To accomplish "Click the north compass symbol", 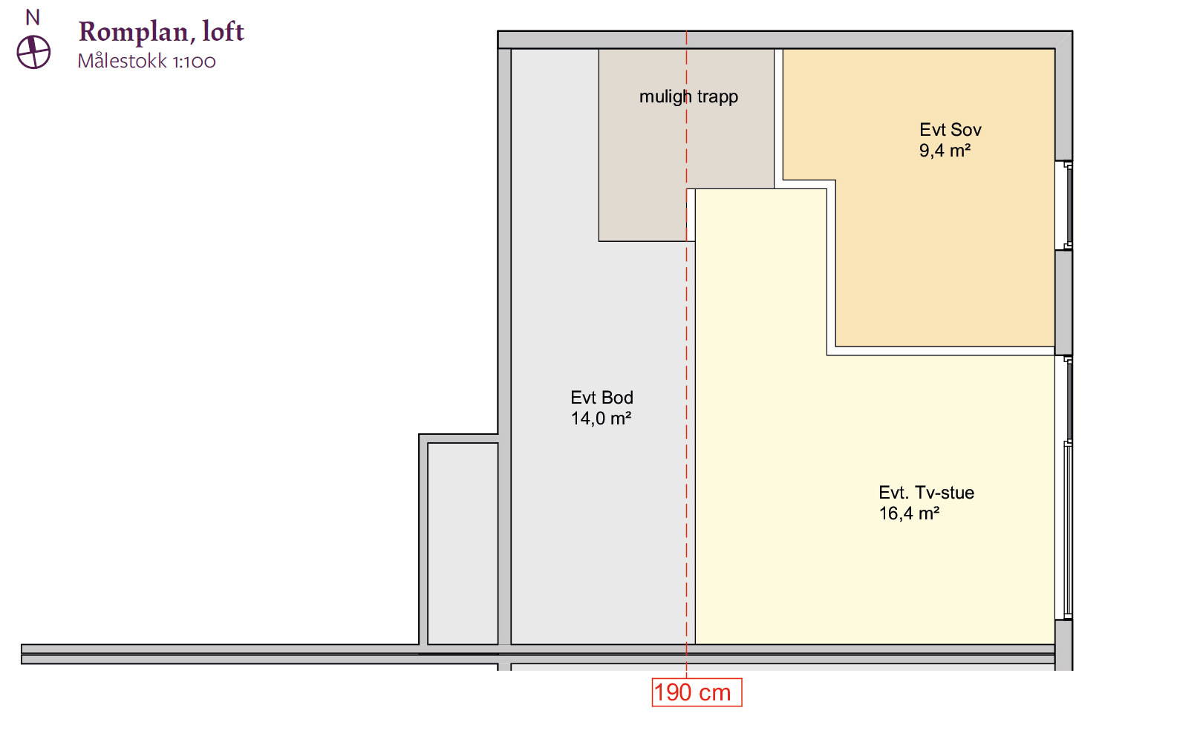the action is (33, 52).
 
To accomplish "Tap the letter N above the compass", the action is (33, 18).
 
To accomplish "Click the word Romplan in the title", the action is (133, 32).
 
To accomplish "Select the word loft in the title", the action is (223, 31).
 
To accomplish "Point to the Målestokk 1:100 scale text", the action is (146, 61).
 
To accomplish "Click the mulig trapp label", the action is (688, 97).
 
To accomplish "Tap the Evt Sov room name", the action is (950, 129).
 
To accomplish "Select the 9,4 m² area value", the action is (945, 150).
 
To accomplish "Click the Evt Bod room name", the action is (601, 397).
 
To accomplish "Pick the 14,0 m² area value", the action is (601, 418).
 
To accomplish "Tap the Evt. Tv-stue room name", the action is (927, 493).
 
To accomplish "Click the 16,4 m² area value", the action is (909, 513).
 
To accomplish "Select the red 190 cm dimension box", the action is (697, 692).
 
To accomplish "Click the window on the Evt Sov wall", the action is (1065, 206).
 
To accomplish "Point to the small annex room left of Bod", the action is (463, 543).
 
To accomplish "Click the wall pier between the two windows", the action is (1064, 303).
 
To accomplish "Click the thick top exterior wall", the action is (785, 40).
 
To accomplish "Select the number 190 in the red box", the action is (673, 692).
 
